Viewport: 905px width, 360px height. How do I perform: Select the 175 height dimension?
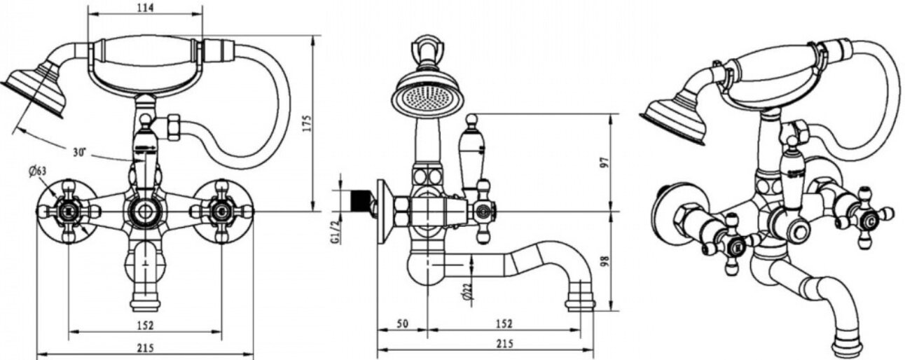click(303, 122)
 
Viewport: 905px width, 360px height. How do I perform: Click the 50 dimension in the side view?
click(403, 324)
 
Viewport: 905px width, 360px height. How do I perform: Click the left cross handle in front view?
click(68, 209)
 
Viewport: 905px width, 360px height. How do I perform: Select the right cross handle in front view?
click(222, 209)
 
